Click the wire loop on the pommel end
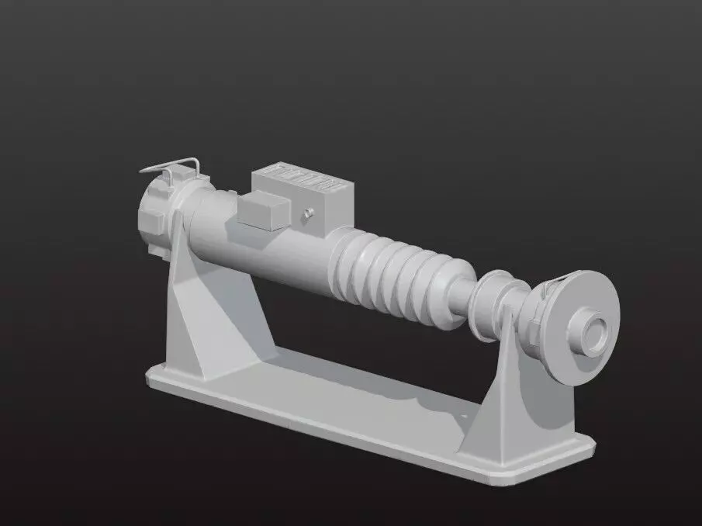pos(172,165)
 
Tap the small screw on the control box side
pos(308,212)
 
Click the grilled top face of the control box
pos(303,179)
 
